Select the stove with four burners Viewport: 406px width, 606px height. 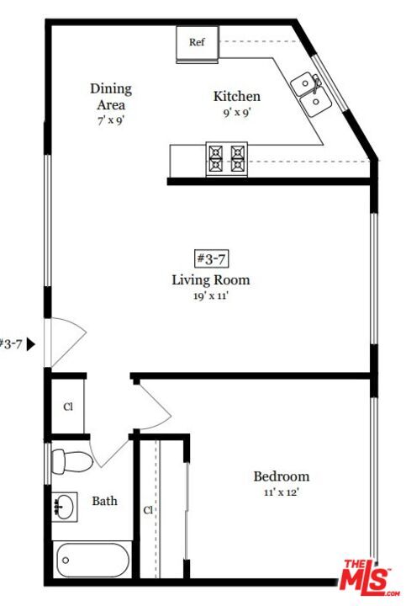click(x=227, y=158)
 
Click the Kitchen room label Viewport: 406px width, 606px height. click(x=237, y=96)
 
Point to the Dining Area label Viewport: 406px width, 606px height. click(x=111, y=97)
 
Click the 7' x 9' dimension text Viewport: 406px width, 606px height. click(x=111, y=120)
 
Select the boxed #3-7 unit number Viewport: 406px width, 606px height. click(x=211, y=258)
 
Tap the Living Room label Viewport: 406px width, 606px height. click(x=211, y=279)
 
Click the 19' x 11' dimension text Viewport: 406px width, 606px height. click(x=211, y=296)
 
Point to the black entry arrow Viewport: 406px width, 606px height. click(x=30, y=344)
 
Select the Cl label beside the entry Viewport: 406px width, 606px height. click(x=68, y=407)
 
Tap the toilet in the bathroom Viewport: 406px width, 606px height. click(x=72, y=461)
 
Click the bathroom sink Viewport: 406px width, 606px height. click(x=64, y=507)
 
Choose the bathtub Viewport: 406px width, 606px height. click(x=92, y=560)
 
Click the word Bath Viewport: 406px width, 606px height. click(x=104, y=501)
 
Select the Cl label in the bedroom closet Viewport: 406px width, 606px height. click(x=148, y=510)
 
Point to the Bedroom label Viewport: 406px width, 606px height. click(x=282, y=476)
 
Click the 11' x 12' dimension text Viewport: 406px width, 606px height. click(x=282, y=492)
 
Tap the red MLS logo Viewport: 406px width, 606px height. click(x=368, y=577)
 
